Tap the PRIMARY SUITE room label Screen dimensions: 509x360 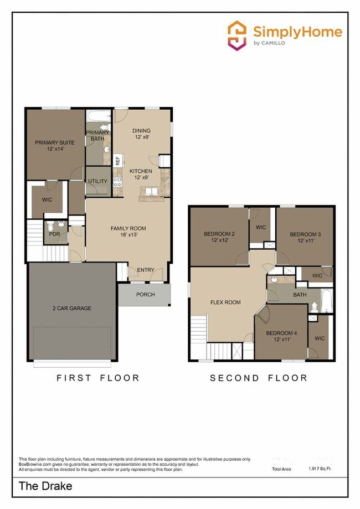coord(54,146)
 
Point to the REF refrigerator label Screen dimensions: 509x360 coord(117,161)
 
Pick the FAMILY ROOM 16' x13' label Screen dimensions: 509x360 coord(128,232)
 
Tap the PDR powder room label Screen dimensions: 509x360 coord(54,234)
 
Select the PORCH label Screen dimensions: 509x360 coord(146,295)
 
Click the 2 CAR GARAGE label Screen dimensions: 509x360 coord(72,309)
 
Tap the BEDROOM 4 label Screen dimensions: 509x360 coord(281,336)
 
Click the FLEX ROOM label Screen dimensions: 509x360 coord(225,302)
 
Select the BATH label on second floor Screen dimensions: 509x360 coord(300,295)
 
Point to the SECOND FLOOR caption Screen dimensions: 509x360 coord(258,378)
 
